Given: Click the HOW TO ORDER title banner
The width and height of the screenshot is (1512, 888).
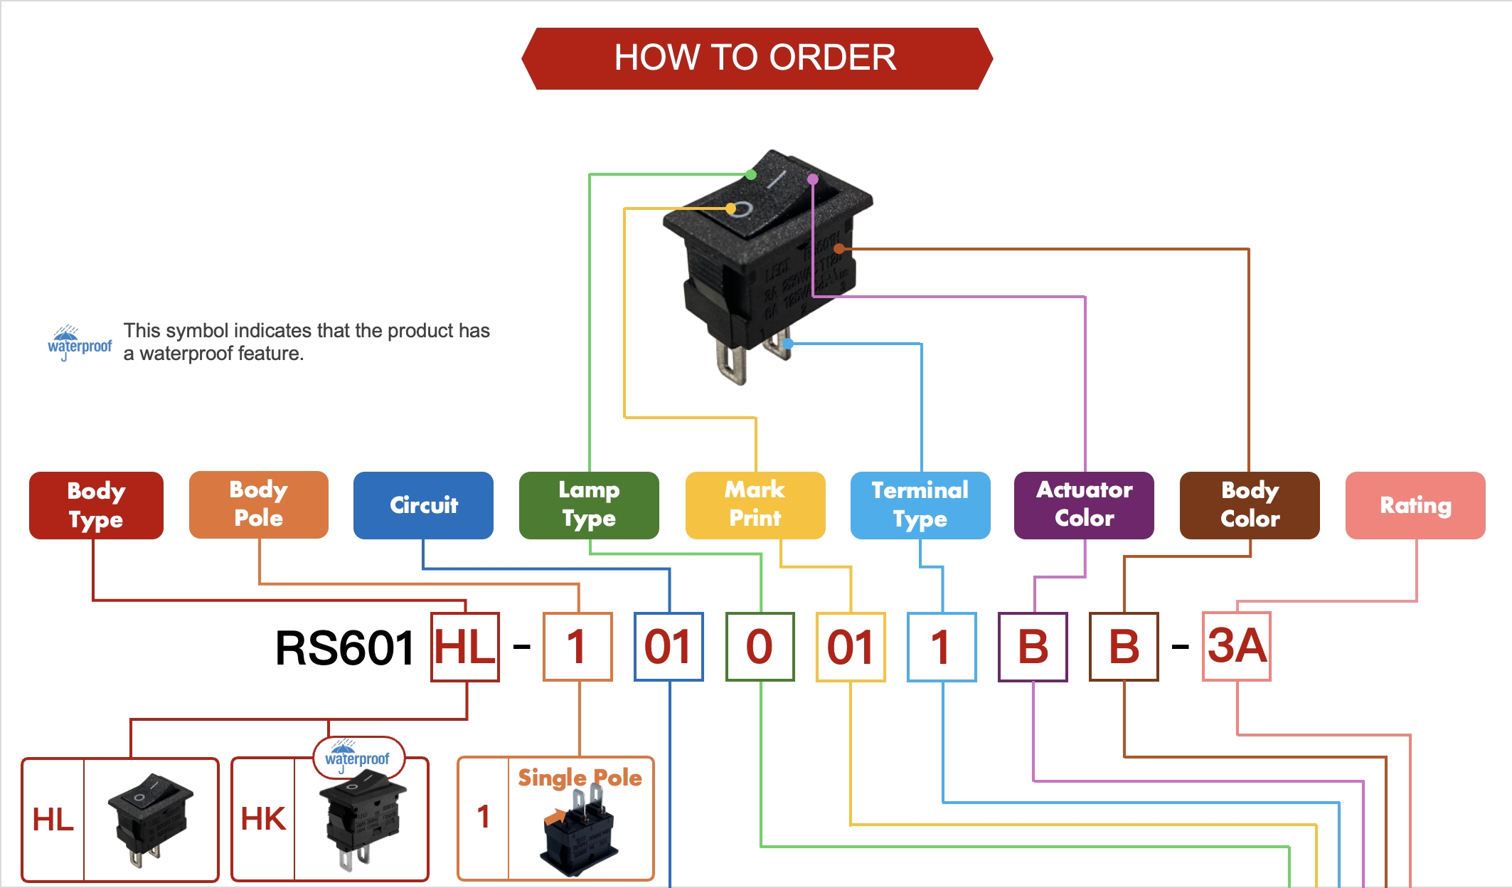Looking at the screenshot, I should pyautogui.click(x=756, y=58).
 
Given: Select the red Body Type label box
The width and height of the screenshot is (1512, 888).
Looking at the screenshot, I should pyautogui.click(x=96, y=505).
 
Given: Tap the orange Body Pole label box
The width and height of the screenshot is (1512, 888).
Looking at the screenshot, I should pyautogui.click(x=258, y=504).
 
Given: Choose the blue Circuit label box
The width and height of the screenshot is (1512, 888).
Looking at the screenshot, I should pyautogui.click(x=423, y=505).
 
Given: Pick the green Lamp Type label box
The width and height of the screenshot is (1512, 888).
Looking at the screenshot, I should pyautogui.click(x=589, y=505).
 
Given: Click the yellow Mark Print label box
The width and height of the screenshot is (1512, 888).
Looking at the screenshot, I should pyautogui.click(x=755, y=505).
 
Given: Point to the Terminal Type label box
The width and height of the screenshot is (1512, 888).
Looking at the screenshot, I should pyautogui.click(x=920, y=505).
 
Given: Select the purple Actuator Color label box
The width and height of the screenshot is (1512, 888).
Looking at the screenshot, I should pyautogui.click(x=1084, y=505).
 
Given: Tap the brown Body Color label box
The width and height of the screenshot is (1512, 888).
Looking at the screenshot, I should pyautogui.click(x=1250, y=505).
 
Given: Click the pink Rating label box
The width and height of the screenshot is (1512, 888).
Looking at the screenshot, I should pyautogui.click(x=1415, y=505).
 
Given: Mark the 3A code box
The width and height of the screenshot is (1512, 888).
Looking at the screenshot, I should pyautogui.click(x=1237, y=646).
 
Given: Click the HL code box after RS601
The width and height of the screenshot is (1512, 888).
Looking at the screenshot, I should pyautogui.click(x=465, y=647).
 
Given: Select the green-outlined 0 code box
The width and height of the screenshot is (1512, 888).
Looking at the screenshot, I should pyautogui.click(x=760, y=647).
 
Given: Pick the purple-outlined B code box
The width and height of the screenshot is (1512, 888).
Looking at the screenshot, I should pyautogui.click(x=1033, y=647).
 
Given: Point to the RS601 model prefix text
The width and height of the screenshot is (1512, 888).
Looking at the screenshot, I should pyautogui.click(x=345, y=648).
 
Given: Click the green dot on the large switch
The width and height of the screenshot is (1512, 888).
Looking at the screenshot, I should pyautogui.click(x=751, y=174).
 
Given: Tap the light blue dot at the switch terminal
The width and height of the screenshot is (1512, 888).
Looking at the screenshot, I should pyautogui.click(x=788, y=344).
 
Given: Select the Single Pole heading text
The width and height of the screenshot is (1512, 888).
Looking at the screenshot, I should pyautogui.click(x=580, y=778).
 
